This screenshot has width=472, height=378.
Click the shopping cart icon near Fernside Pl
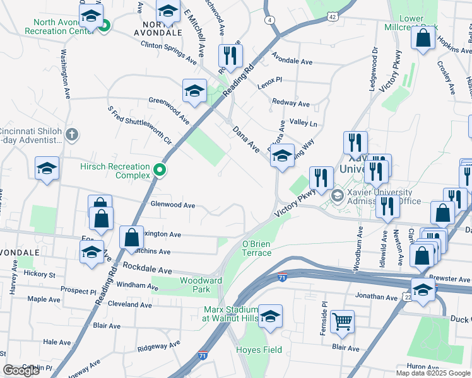342,321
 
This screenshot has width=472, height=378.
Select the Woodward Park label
201,285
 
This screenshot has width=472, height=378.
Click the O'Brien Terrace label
257,248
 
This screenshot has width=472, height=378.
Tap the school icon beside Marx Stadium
270,318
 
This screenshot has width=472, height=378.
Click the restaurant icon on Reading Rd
230,57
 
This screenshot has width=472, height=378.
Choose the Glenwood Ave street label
172,205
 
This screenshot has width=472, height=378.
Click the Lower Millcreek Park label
412,23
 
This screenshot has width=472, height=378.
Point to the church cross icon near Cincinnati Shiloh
73,134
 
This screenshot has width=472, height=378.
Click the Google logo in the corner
21,370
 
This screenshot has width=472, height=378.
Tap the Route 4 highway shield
269,20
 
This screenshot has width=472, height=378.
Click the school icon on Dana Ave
281,157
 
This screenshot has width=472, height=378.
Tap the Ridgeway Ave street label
155,346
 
